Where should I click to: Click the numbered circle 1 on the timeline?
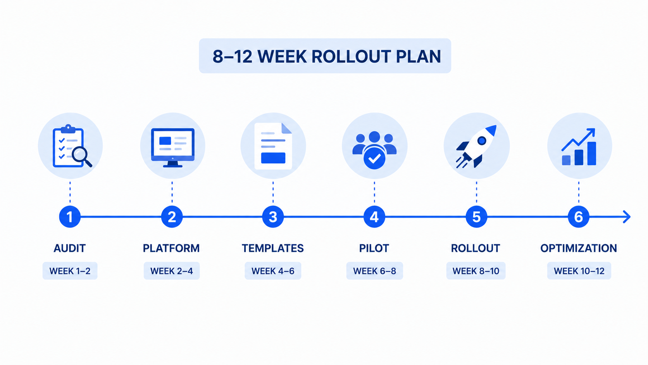pyautogui.click(x=70, y=217)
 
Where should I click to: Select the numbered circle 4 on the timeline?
pyautogui.click(x=374, y=217)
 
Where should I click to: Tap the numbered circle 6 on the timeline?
pyautogui.click(x=579, y=217)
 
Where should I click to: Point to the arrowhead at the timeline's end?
pyautogui.click(x=627, y=217)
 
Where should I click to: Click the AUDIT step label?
pyautogui.click(x=70, y=248)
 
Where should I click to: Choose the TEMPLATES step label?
pyautogui.click(x=273, y=248)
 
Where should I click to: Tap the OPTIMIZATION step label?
pyautogui.click(x=579, y=248)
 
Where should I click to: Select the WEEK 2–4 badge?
pyautogui.click(x=172, y=271)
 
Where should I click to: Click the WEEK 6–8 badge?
pyautogui.click(x=375, y=271)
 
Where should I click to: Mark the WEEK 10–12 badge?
pyautogui.click(x=579, y=271)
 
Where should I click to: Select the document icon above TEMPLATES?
pyautogui.click(x=273, y=146)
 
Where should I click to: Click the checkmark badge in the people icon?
pyautogui.click(x=374, y=158)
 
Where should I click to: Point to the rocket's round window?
pyautogui.click(x=482, y=141)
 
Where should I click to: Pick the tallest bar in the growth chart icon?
pyautogui.click(x=591, y=154)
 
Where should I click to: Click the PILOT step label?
pyautogui.click(x=374, y=248)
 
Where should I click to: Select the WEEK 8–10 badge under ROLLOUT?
pyautogui.click(x=476, y=271)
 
